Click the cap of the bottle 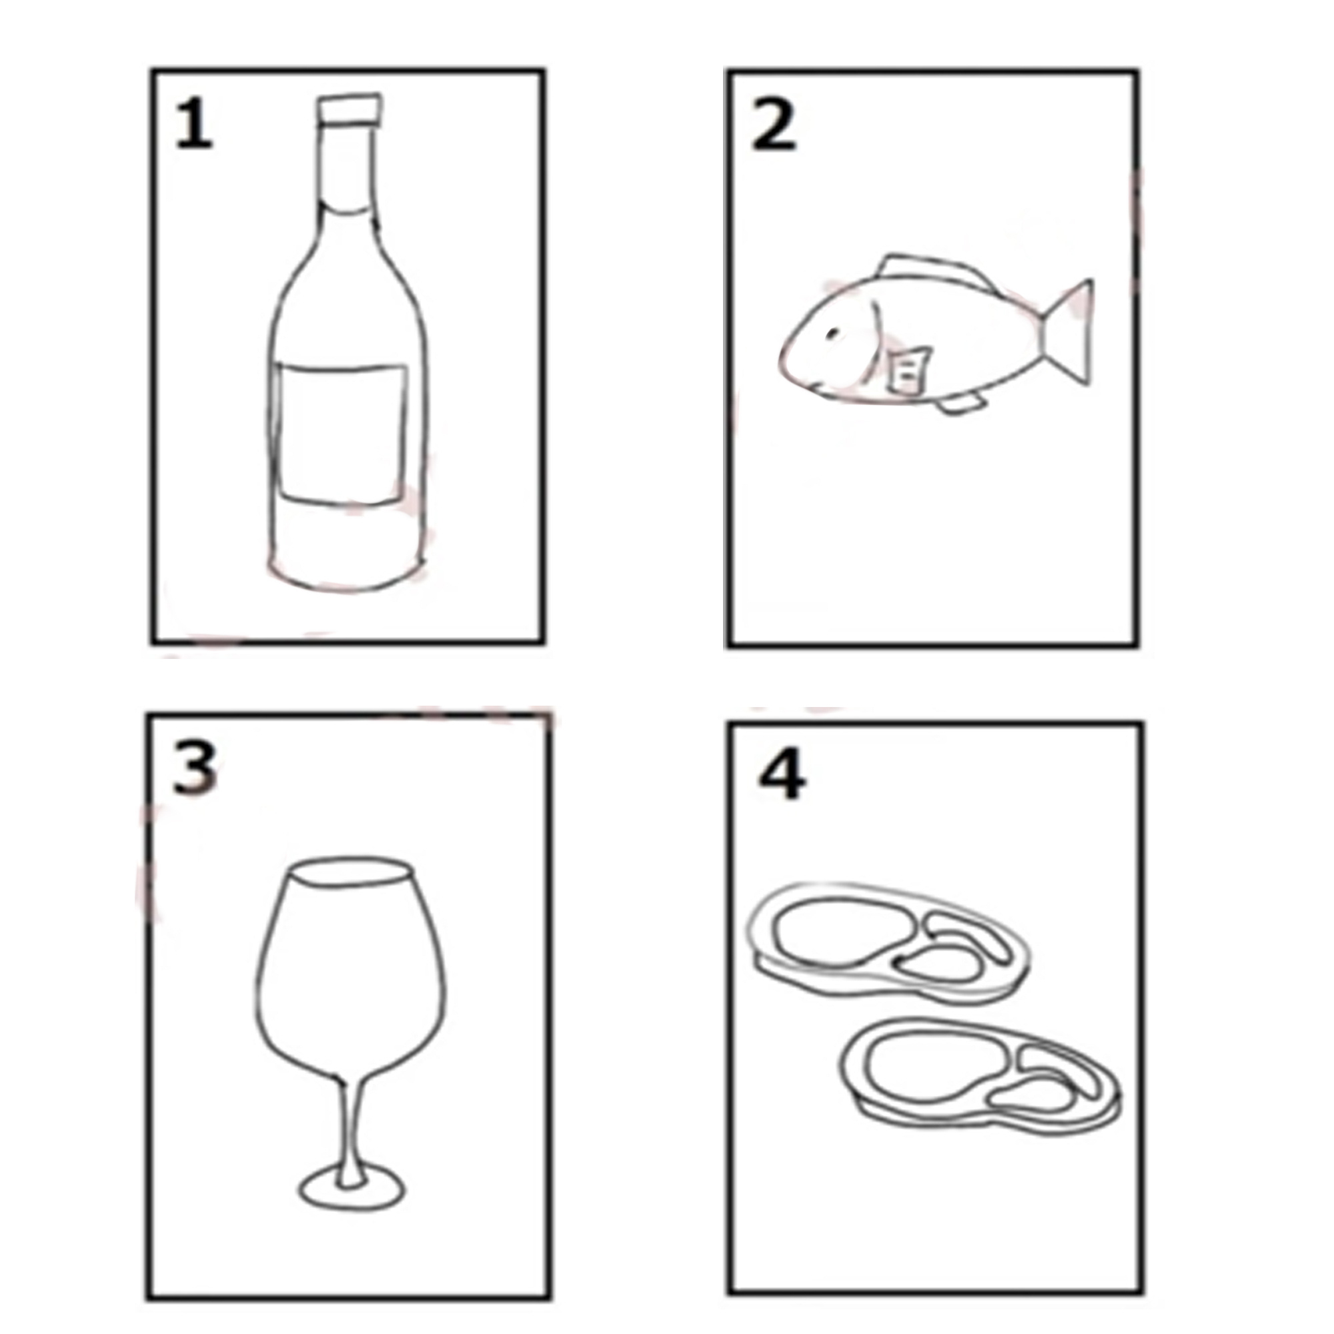[x=349, y=109]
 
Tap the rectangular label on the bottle [x=341, y=433]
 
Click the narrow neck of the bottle [x=348, y=165]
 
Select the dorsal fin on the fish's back [x=932, y=270]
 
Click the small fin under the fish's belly [x=960, y=405]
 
